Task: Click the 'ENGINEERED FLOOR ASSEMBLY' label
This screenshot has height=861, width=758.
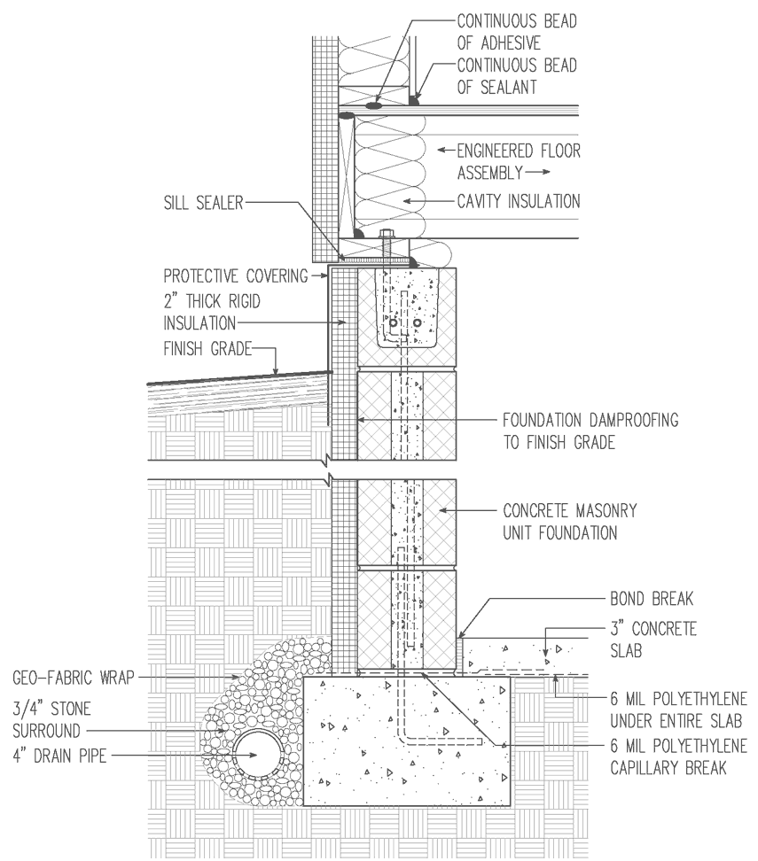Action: [x=518, y=159]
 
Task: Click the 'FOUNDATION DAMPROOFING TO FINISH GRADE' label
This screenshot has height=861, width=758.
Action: [x=590, y=430]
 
